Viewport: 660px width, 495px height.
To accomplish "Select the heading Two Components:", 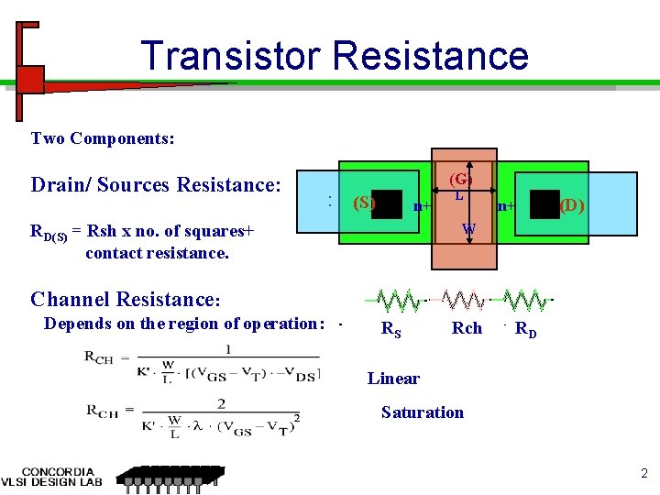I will (x=103, y=138).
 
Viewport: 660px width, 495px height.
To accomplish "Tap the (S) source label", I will (x=364, y=202).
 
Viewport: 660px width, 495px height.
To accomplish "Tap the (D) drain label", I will (x=574, y=204).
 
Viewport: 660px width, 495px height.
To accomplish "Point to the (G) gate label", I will (x=460, y=178).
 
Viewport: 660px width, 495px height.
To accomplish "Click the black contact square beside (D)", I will (x=544, y=204).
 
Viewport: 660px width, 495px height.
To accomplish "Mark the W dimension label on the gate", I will (x=467, y=228).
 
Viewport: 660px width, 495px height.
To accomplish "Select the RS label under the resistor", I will (x=390, y=329).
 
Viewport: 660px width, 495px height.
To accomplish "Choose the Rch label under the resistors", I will (x=467, y=327).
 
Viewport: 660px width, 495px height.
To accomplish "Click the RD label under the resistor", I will (x=526, y=329).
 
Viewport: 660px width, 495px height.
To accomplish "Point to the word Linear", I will (x=393, y=378).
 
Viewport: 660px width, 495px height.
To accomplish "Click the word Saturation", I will (x=423, y=412).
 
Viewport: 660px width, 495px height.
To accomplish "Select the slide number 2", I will (x=643, y=474).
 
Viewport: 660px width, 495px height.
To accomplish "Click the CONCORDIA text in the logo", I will (x=58, y=471).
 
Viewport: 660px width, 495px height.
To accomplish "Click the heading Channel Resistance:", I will (x=126, y=299).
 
